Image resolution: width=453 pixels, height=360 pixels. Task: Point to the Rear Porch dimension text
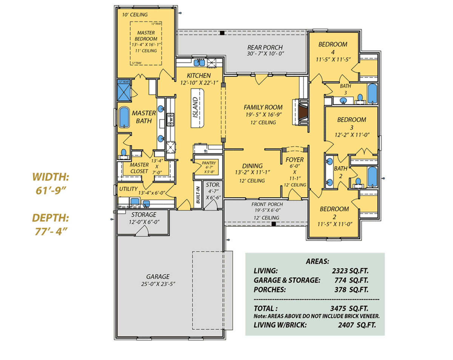265,54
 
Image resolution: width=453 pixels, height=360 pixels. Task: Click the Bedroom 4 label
333,44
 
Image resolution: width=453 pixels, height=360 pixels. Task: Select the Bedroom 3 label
351,120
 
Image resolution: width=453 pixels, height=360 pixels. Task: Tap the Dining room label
252,166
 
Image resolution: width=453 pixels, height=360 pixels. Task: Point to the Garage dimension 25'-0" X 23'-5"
158,283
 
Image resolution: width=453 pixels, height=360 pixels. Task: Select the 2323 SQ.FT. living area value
350,270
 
